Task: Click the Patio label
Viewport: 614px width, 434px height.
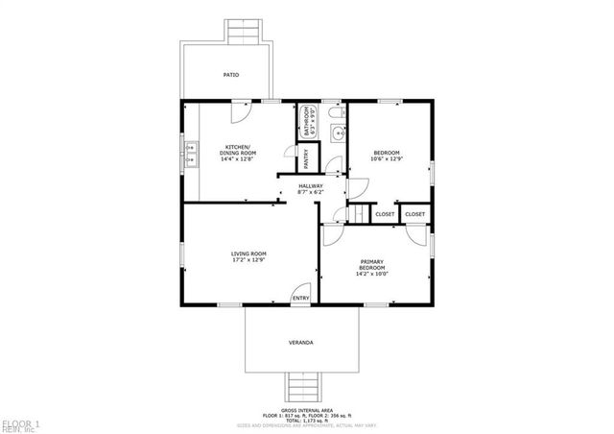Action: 231,74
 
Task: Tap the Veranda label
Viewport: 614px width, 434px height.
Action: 301,342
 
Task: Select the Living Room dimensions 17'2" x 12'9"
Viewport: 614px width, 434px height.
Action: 248,259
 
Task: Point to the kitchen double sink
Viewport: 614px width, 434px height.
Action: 192,153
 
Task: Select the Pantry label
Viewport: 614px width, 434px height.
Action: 306,157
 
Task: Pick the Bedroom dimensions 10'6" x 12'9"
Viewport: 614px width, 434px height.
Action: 387,158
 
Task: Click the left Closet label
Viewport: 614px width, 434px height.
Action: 385,214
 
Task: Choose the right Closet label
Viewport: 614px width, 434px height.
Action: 415,214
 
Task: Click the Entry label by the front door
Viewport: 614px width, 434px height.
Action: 301,298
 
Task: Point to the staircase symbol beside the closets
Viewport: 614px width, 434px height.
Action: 359,213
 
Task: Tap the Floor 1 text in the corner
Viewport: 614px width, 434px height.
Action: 19,423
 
